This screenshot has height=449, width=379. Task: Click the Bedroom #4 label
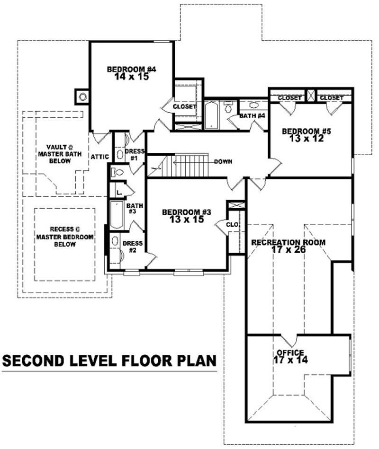131,69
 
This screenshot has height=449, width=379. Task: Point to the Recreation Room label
288,242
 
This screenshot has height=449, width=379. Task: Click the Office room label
290,353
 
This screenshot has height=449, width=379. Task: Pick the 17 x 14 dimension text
290,360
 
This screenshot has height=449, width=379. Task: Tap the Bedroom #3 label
186,212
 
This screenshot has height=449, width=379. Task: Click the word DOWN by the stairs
223,161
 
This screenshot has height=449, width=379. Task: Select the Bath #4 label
252,116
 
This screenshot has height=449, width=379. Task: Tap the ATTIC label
100,157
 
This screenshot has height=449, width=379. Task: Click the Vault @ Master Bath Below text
59,154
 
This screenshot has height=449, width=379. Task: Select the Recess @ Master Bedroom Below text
64,237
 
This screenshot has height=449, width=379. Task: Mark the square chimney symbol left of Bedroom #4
82,97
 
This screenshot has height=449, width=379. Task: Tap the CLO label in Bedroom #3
232,225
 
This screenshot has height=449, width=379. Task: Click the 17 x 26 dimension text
288,249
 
